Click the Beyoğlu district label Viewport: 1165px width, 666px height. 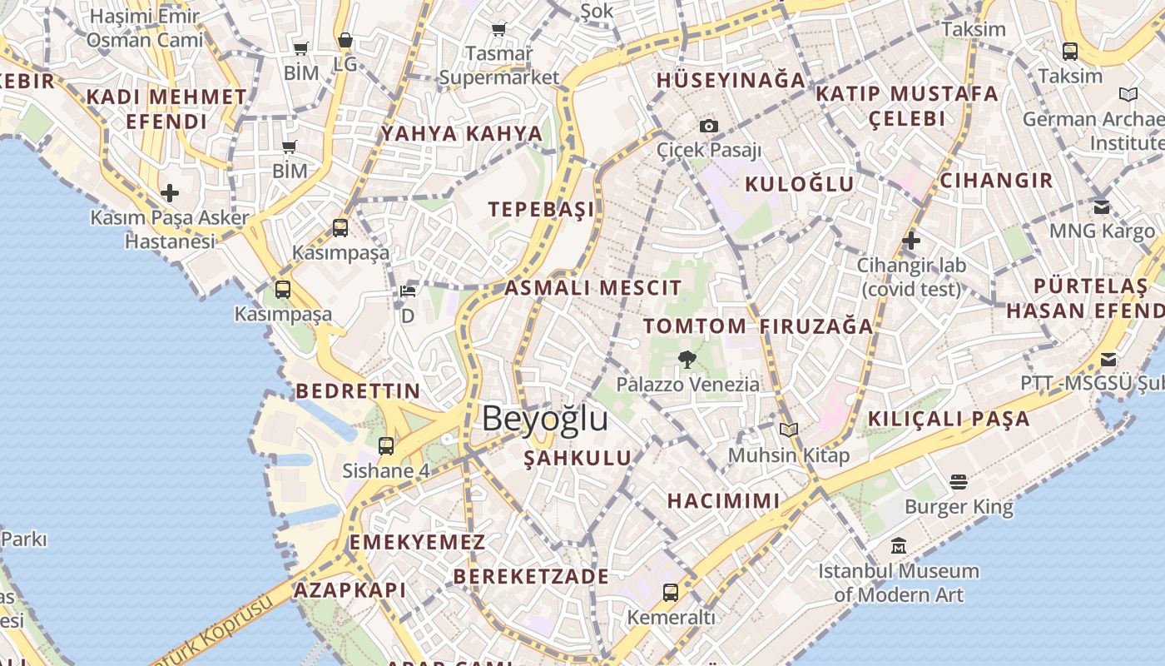tap(544, 418)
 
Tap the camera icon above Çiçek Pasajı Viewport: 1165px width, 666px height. tap(708, 127)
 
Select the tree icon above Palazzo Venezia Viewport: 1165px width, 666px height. tap(687, 360)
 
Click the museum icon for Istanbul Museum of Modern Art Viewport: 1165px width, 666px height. tap(898, 547)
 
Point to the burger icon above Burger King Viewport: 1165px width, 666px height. tap(959, 482)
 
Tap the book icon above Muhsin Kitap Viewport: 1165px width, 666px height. tap(788, 430)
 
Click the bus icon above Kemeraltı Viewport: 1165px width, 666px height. tap(671, 593)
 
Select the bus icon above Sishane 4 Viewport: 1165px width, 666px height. tap(386, 446)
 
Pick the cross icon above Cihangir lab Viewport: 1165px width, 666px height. tap(911, 241)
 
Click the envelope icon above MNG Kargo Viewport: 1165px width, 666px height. tap(1102, 207)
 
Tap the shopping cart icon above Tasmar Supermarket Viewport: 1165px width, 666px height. tap(499, 30)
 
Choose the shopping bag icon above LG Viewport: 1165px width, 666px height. tap(345, 40)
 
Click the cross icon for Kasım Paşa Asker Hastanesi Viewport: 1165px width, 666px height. tap(170, 194)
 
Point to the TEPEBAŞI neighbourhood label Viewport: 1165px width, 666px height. tap(542, 209)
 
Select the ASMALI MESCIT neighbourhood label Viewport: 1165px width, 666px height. tap(593, 288)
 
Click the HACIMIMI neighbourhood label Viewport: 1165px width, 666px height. tap(724, 500)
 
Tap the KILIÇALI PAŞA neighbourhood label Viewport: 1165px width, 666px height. tap(949, 419)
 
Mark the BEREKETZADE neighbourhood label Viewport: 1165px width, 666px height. tap(531, 576)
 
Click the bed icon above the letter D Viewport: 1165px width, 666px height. tap(408, 291)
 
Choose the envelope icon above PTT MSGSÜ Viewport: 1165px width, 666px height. tap(1108, 360)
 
